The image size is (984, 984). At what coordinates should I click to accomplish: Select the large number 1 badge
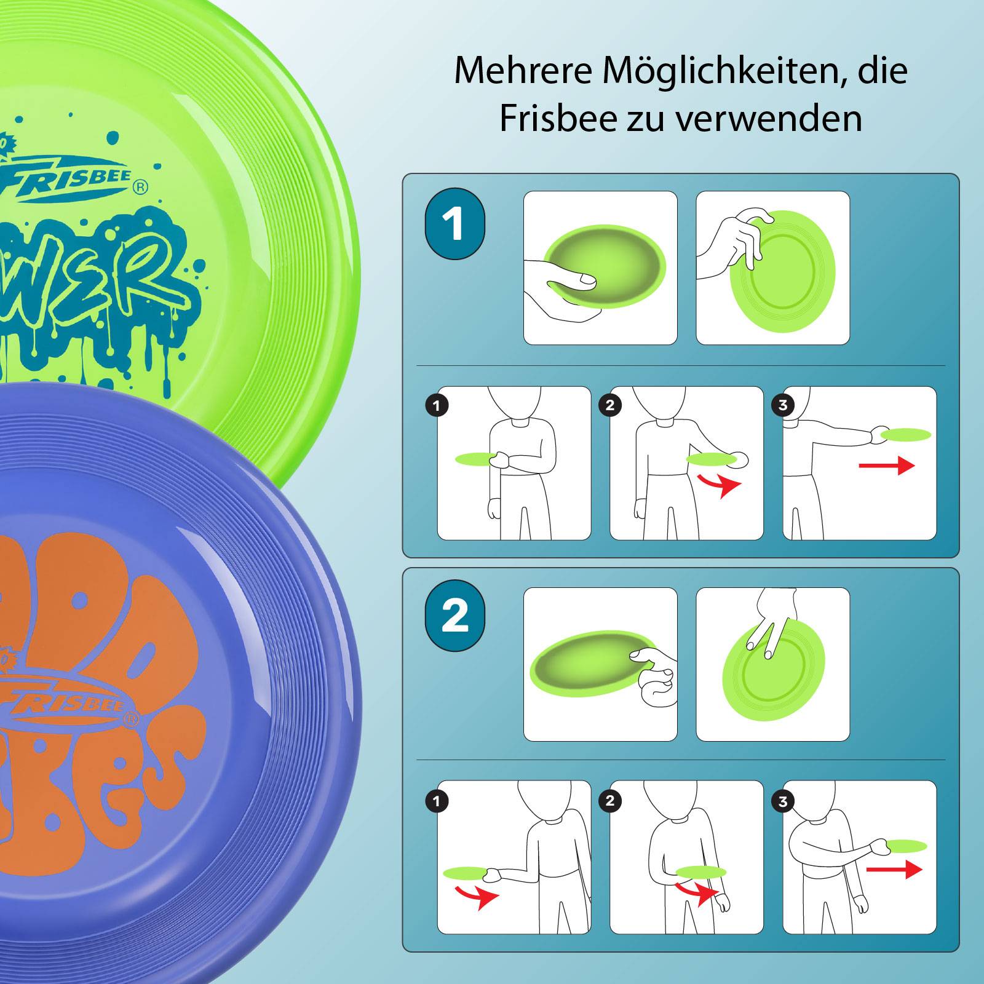pyautogui.click(x=454, y=224)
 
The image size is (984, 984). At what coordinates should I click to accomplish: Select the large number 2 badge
pyautogui.click(x=454, y=616)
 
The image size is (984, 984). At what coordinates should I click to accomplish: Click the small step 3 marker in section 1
pyautogui.click(x=783, y=405)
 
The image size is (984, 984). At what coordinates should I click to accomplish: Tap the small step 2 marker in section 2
pyautogui.click(x=610, y=800)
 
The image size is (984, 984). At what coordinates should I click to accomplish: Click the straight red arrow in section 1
pyautogui.click(x=886, y=466)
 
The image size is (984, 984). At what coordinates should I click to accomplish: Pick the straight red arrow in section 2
pyautogui.click(x=894, y=869)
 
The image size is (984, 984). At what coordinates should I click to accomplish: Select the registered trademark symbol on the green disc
pyautogui.click(x=140, y=186)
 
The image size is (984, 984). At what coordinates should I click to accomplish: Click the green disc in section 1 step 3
pyautogui.click(x=907, y=434)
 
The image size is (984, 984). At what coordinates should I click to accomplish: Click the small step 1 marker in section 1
pyautogui.click(x=437, y=405)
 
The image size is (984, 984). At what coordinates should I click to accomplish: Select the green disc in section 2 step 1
pyautogui.click(x=464, y=872)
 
